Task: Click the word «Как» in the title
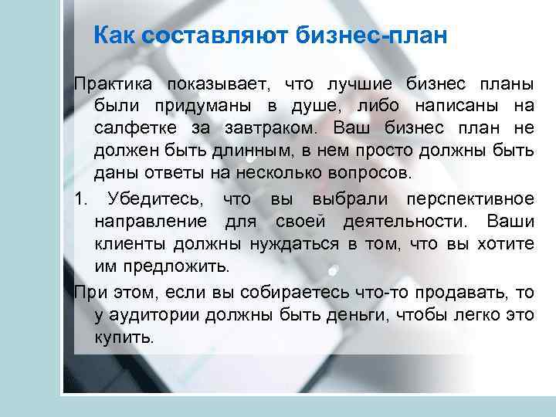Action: pyautogui.click(x=113, y=36)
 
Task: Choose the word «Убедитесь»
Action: pyautogui.click(x=157, y=200)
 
